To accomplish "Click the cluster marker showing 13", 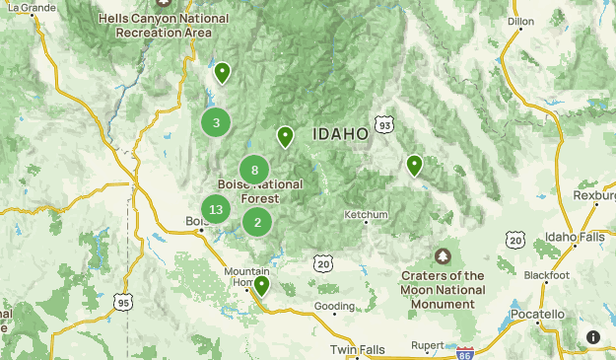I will (216, 209).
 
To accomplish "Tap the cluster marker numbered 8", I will (254, 170).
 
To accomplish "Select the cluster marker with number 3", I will (216, 123).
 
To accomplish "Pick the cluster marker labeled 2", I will (257, 222).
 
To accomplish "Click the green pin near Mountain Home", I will (261, 286).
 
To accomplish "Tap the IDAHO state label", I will (340, 133).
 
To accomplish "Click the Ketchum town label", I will (366, 215).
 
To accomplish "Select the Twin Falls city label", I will (358, 350).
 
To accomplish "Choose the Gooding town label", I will (334, 306).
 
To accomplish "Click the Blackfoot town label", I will (546, 275).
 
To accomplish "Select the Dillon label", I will (519, 20).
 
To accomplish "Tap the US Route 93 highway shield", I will (384, 125).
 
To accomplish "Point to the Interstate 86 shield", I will (466, 350).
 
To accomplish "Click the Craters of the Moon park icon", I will (443, 256).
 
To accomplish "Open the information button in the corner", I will (593, 337).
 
